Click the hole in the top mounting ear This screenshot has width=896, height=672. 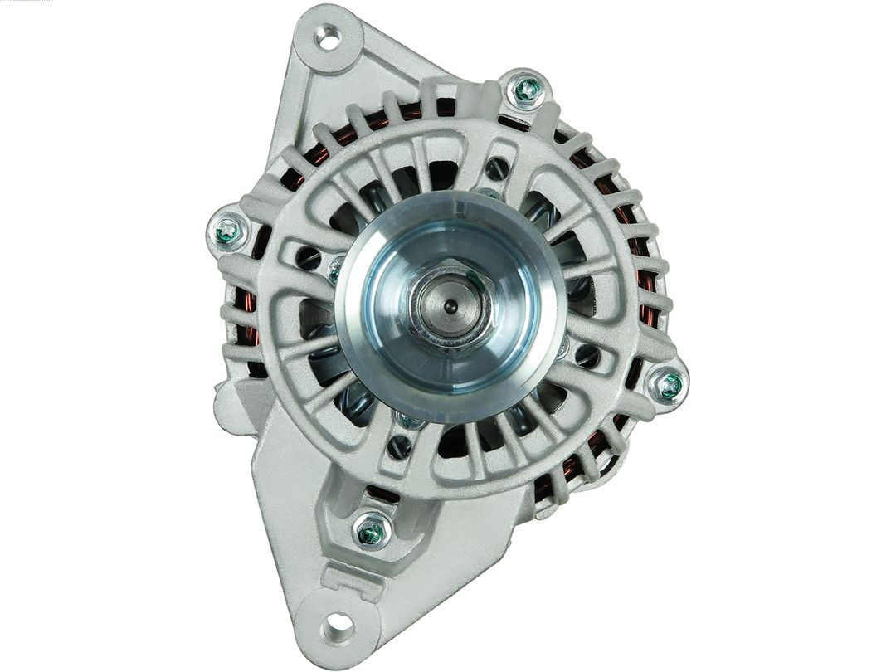[x=329, y=37]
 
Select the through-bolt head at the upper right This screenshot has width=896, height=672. [x=526, y=90]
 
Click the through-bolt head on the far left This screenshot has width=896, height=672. [x=227, y=231]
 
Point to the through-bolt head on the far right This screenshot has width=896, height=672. [x=670, y=384]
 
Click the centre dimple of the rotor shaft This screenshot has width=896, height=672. [x=449, y=306]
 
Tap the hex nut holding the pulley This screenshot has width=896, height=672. [x=449, y=306]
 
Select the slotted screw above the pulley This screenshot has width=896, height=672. [x=496, y=169]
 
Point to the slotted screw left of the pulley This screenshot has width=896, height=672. [x=309, y=258]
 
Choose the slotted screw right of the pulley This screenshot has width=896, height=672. [x=587, y=356]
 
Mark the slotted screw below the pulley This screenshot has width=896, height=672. [x=401, y=447]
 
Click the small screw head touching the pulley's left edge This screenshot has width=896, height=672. [x=336, y=267]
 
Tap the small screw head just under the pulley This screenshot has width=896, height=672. [x=408, y=421]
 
